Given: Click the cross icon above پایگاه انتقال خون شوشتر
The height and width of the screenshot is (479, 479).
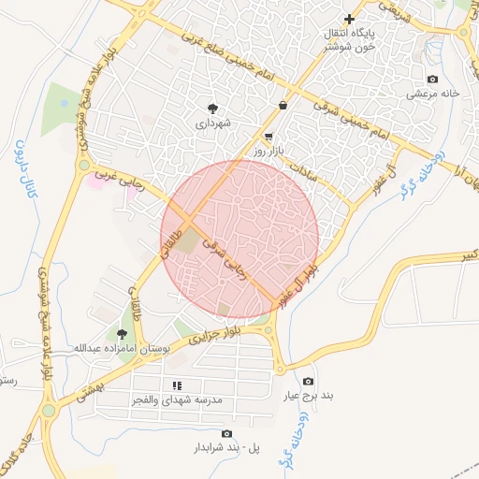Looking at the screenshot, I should [350, 19].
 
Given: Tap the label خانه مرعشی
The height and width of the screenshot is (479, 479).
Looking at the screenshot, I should [431, 94].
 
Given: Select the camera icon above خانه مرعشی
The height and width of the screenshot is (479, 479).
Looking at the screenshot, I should [431, 80].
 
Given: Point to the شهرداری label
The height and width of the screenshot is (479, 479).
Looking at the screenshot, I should [212, 123].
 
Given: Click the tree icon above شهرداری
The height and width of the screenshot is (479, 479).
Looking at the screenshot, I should [212, 108].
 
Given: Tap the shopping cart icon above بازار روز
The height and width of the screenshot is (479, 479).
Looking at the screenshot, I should [269, 136].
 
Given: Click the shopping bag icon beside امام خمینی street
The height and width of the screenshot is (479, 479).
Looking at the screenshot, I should [283, 105].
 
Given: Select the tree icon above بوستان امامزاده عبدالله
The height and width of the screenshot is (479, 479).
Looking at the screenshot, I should [121, 333].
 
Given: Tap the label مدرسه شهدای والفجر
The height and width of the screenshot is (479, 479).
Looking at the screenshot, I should [177, 399].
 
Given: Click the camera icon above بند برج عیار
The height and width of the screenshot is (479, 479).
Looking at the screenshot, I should [309, 382].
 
